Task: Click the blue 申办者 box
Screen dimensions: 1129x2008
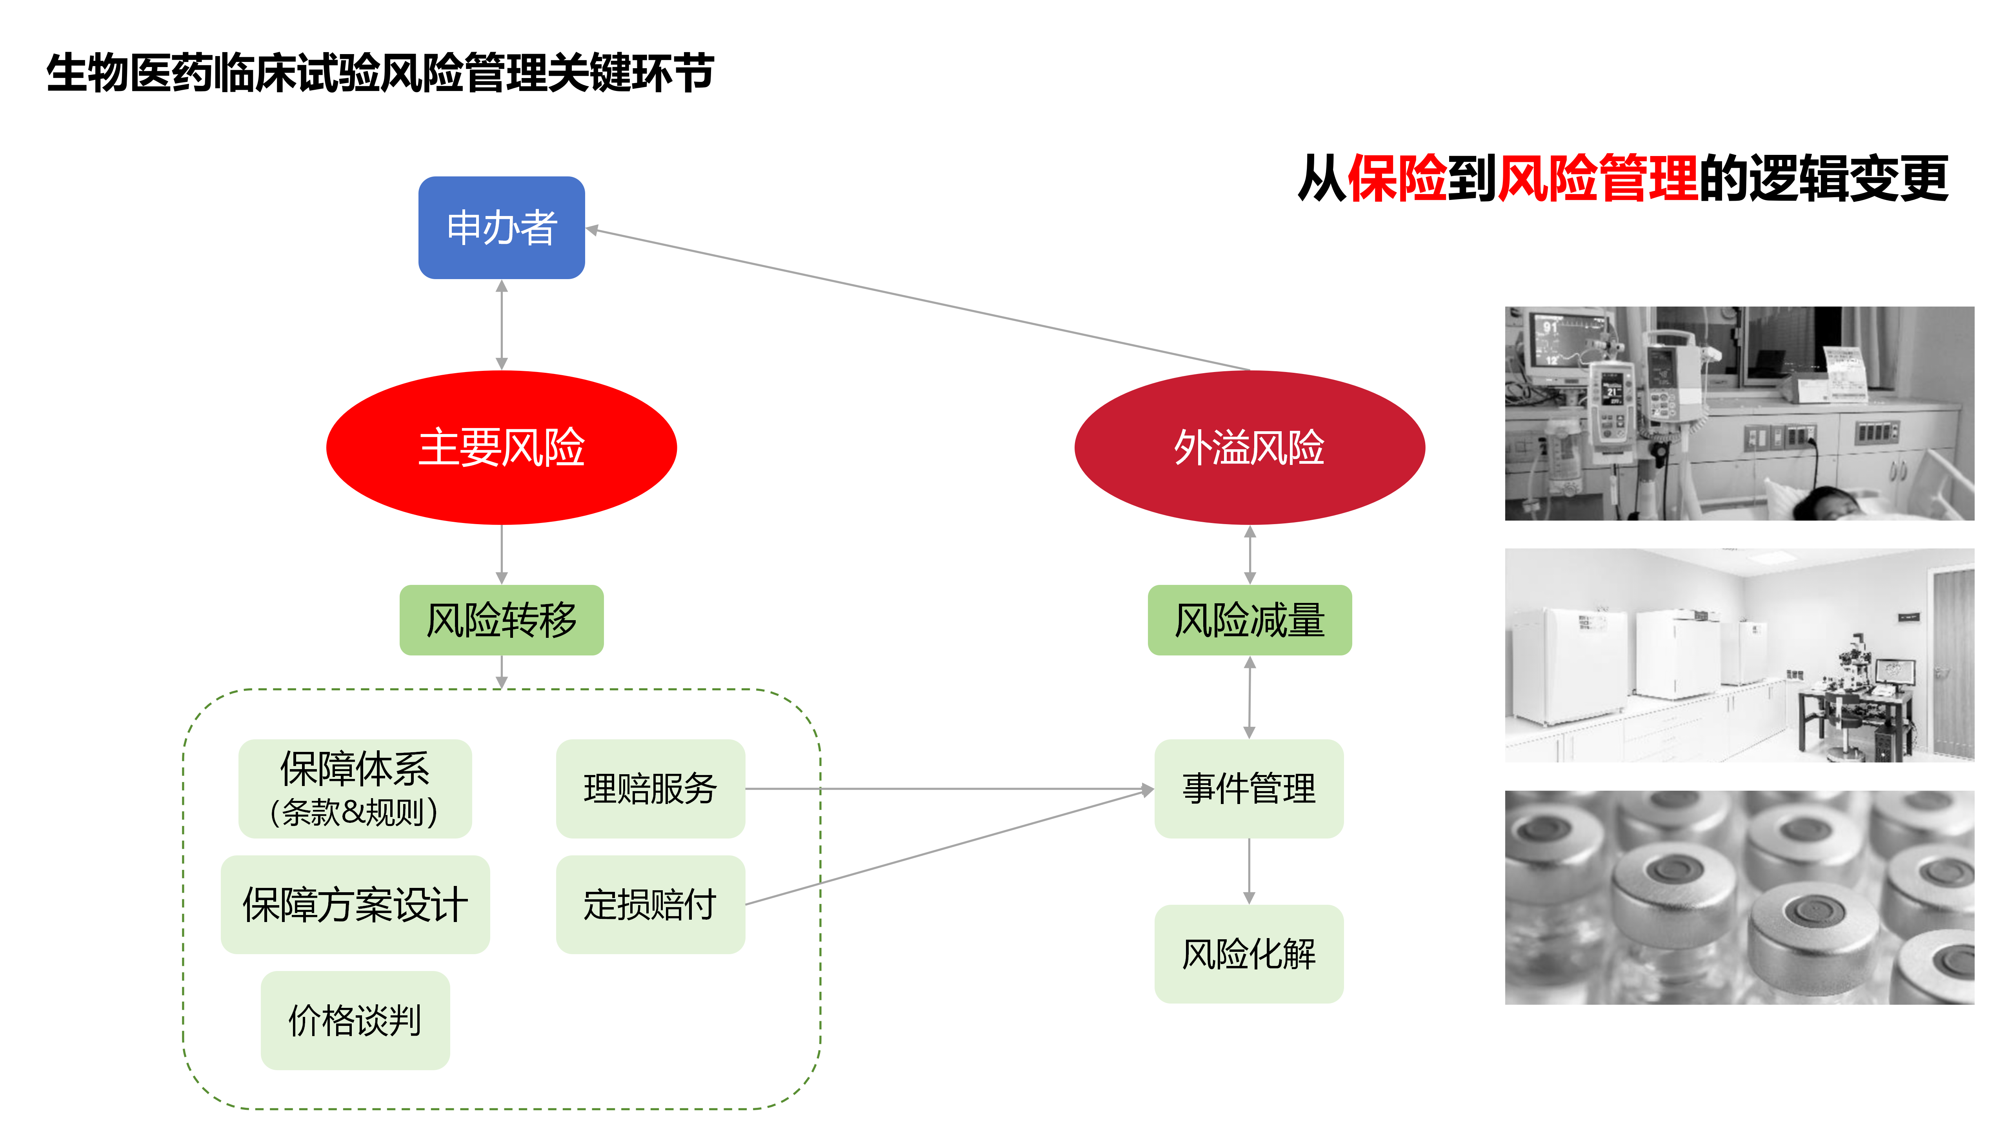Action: click(501, 227)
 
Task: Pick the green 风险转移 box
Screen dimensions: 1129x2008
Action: click(501, 620)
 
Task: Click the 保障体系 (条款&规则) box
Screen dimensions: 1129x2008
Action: click(355, 788)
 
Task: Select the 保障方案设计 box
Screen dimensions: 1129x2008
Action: click(355, 905)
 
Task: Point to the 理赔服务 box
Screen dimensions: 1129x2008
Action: click(650, 788)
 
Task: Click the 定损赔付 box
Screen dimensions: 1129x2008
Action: click(650, 905)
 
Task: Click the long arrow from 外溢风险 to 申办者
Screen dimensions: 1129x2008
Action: click(920, 300)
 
